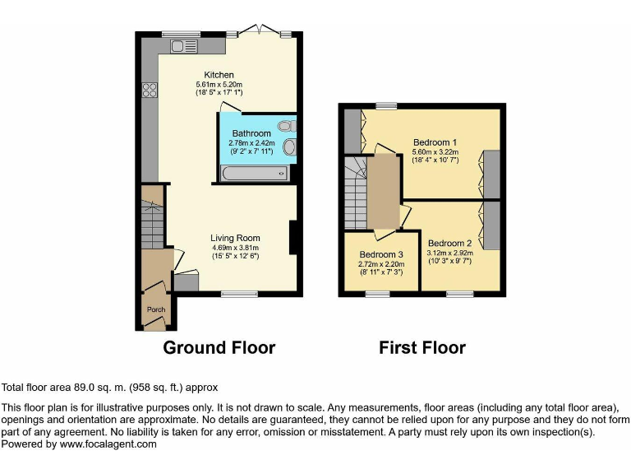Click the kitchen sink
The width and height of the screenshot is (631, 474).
182,47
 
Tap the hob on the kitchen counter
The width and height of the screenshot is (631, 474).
150,91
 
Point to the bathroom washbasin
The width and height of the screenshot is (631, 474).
289,148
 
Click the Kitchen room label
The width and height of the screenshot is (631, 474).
219,75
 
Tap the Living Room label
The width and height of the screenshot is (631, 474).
235,238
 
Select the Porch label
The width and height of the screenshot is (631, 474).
155,309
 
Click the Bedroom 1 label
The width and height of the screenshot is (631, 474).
435,142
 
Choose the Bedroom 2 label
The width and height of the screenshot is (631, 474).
449,243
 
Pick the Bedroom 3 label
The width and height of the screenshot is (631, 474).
381,254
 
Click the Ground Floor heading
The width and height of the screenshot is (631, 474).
219,347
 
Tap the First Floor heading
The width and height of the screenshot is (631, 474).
421,347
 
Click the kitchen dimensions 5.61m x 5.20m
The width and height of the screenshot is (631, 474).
219,85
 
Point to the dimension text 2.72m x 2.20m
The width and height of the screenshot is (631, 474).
381,264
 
